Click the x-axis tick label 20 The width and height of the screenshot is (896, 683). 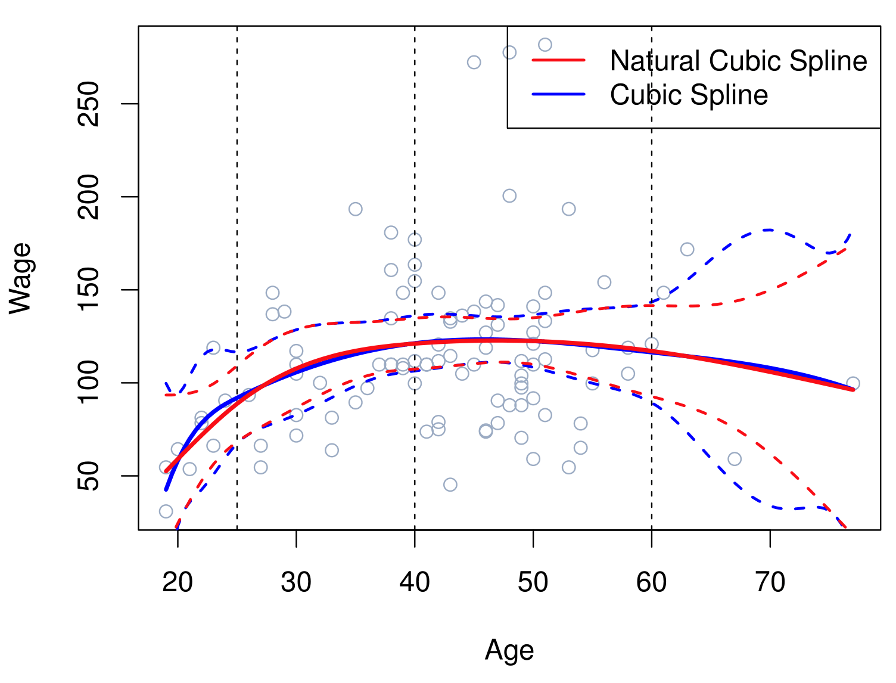click(178, 582)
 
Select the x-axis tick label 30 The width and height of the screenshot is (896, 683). click(296, 582)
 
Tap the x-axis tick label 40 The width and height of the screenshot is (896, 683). click(415, 582)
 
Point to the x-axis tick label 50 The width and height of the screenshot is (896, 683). click(533, 582)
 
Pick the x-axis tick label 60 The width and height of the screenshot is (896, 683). click(651, 582)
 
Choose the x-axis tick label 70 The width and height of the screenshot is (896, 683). click(770, 582)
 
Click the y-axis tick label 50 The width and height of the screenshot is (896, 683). click(89, 476)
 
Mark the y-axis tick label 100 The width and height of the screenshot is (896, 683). click(89, 383)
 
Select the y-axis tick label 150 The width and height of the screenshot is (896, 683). click(89, 290)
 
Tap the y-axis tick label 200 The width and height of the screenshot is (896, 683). click(89, 197)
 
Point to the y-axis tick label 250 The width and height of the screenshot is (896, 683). click(89, 104)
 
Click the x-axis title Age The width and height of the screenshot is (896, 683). click(509, 650)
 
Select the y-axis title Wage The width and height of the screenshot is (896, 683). click(21, 278)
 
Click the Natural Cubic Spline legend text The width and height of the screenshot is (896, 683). click(738, 61)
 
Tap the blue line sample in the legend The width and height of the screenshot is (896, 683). click(559, 94)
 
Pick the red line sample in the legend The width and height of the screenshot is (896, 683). click(559, 60)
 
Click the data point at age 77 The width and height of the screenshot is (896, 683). click(853, 383)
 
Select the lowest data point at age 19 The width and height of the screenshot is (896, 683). click(166, 511)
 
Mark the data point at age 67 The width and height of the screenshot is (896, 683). click(735, 459)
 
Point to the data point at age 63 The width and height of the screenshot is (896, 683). click(687, 249)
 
